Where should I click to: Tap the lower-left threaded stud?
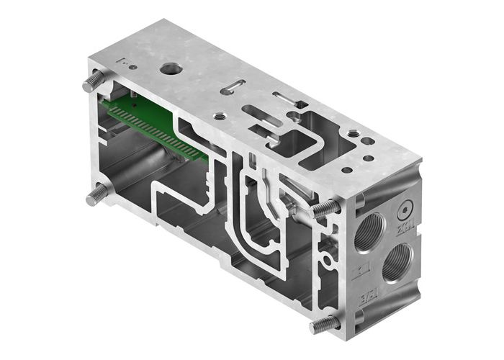coord(96,194)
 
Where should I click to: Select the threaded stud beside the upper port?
coord(326,209)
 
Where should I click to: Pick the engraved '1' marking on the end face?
coord(361,272)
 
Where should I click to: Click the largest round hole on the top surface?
coord(171,71)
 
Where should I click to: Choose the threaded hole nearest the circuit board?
coord(220,115)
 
